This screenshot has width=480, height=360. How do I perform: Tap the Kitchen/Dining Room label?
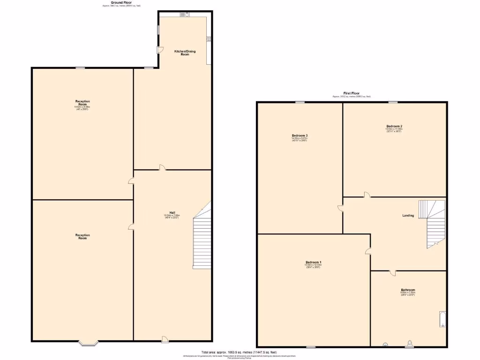point(181,52)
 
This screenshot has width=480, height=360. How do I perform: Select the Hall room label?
point(172,212)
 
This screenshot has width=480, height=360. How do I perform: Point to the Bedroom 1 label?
point(313,262)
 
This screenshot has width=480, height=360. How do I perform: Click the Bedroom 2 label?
point(394,126)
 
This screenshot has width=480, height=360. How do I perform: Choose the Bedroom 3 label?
point(300,135)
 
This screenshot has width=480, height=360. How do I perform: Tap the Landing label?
point(408,215)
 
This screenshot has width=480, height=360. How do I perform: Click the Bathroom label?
point(408,290)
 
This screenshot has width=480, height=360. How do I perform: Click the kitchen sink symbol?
point(185,14)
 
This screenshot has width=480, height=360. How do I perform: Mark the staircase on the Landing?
point(432,223)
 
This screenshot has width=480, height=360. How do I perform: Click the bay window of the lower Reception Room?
point(88,343)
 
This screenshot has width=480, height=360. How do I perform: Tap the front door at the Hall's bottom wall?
point(165,338)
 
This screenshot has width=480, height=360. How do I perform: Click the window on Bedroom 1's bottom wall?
point(310,347)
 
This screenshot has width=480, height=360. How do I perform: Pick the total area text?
point(239,352)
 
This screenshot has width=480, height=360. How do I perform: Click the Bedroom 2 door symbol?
point(367,195)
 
